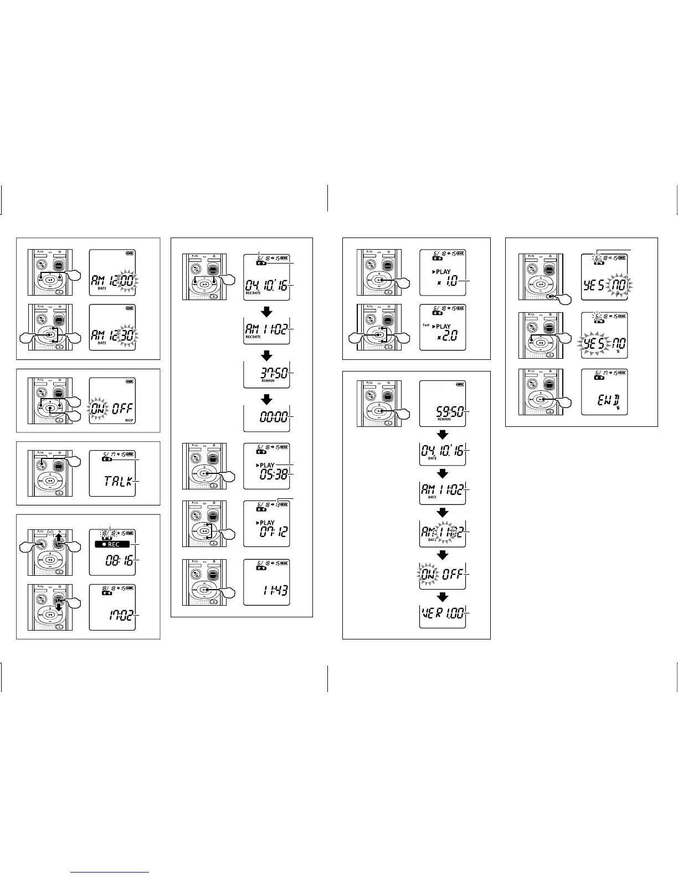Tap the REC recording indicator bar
tap(111, 544)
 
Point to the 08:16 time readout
tap(119, 561)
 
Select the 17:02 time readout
tap(119, 615)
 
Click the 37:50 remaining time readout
tap(274, 373)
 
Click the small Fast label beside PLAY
tap(426, 325)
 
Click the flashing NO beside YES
tap(619, 286)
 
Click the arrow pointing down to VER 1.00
tap(443, 597)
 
